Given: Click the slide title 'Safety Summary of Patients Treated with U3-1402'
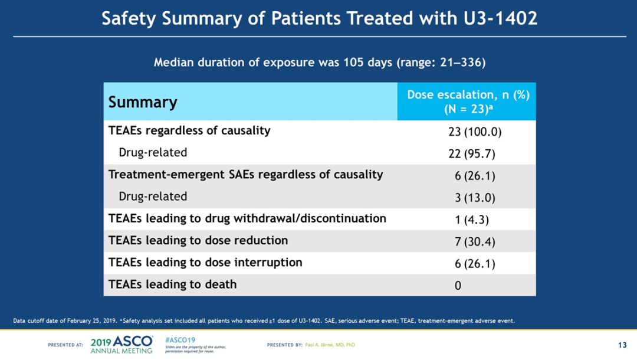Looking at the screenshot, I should [x=319, y=18].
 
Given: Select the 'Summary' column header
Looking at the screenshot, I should [x=143, y=102].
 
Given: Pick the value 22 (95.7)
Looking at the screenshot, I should [x=471, y=154].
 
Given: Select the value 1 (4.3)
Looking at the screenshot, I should [x=472, y=220].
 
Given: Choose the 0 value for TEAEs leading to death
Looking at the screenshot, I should [x=458, y=286].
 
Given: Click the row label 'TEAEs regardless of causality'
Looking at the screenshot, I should [x=189, y=130].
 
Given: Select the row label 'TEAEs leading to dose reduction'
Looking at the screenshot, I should [x=198, y=240].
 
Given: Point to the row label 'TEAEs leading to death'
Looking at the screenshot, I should [x=172, y=284].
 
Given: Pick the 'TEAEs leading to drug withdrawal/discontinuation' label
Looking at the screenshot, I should [x=247, y=218].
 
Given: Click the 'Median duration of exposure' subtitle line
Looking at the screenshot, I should [x=319, y=62].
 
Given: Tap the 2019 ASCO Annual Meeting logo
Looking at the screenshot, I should [x=122, y=344].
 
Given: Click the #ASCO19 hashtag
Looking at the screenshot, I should [x=180, y=341].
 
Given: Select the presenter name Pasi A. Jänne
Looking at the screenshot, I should [x=330, y=345].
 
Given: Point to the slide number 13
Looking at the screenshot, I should [x=622, y=345].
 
